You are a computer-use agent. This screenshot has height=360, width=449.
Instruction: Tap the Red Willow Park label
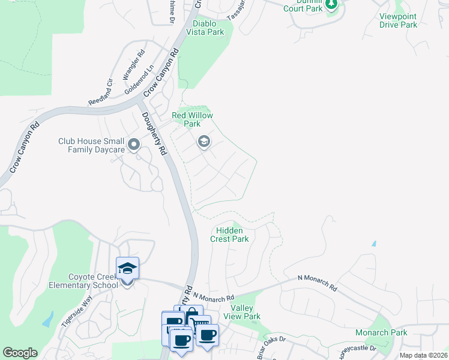tap(192, 119)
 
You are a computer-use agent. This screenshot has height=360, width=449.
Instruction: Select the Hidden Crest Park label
tap(229, 235)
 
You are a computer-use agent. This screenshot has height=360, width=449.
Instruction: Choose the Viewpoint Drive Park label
tap(399, 20)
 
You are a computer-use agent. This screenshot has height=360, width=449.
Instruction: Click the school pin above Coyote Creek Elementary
tap(127, 269)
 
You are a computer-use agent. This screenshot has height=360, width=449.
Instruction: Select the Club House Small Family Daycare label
tap(91, 145)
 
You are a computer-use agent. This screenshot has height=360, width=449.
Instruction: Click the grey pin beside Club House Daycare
tap(134, 145)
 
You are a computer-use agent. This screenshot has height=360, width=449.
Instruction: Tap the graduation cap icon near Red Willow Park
tap(203, 142)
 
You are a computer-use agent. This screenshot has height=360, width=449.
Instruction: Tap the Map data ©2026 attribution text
tap(423, 355)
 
